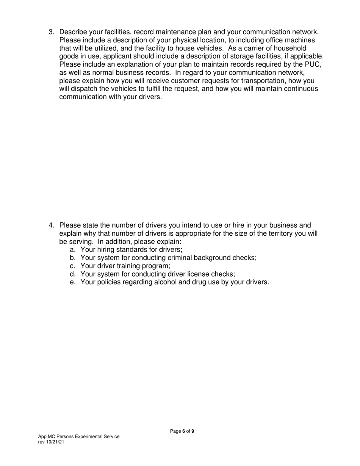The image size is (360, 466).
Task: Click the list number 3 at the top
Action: tap(51, 32)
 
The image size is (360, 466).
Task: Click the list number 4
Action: tap(51, 226)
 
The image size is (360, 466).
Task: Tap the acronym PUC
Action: tap(313, 64)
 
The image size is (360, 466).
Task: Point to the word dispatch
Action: tap(82, 89)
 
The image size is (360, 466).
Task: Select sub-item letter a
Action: tap(73, 250)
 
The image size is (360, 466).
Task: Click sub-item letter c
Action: tap(73, 266)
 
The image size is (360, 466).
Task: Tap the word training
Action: tap(128, 266)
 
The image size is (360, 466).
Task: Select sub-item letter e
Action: tap(73, 282)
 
